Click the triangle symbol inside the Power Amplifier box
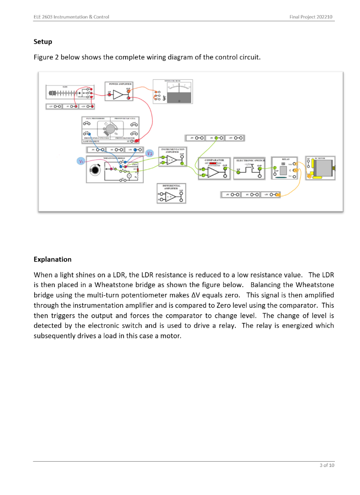pos(118,95)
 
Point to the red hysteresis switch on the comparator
pos(213,164)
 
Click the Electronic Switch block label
pos(250,160)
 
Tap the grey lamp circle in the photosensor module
pos(111,129)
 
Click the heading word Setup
pos(43,42)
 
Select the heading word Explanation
pos(52,259)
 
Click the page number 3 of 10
pos(327,466)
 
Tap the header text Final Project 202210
pos(311,17)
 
